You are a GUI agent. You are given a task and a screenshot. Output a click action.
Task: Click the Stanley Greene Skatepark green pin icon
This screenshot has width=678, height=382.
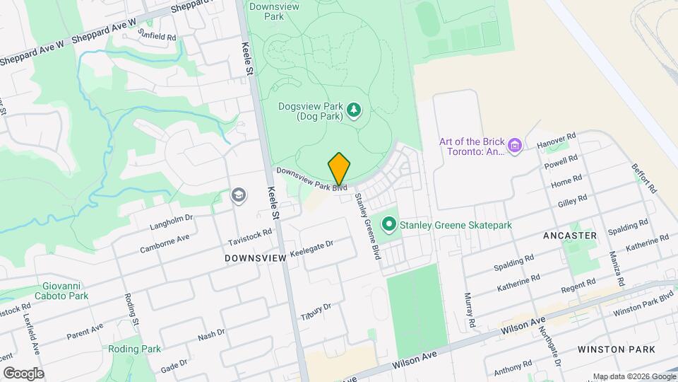(x=388, y=225)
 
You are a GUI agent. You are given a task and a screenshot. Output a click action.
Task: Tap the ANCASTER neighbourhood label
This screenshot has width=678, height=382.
(x=570, y=235)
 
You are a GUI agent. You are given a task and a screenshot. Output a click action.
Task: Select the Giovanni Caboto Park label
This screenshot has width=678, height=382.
(x=64, y=291)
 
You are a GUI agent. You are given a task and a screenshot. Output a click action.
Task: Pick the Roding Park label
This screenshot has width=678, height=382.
(x=135, y=349)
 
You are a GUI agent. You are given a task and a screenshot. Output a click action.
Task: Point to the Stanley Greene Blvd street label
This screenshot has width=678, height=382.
(x=368, y=226)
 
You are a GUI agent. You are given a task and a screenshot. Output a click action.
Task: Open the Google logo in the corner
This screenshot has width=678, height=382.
(x=23, y=373)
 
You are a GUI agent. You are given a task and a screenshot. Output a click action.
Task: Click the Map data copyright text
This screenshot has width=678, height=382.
(x=634, y=376)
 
